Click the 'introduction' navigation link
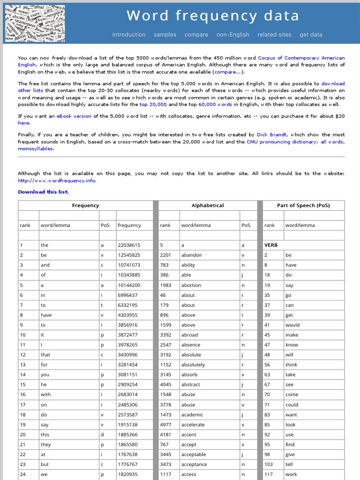pos(129,35)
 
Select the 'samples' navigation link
pos(165,35)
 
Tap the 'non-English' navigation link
pos(233,35)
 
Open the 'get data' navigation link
pos(311,35)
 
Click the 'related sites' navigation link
pos(274,35)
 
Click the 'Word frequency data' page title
pos(213,16)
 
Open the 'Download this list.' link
pos(43,192)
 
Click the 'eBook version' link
pos(74,116)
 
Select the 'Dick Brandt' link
pos(272,135)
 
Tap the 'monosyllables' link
pos(35,149)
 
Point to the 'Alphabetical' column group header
pos(208,205)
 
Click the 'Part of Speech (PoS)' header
pos(303,205)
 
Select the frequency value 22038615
pos(129,245)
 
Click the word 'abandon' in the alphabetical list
pos(191,255)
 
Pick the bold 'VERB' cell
pos(271,245)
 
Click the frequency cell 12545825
pos(129,255)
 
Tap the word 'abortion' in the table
pos(191,285)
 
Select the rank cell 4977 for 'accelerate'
pos(165,425)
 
